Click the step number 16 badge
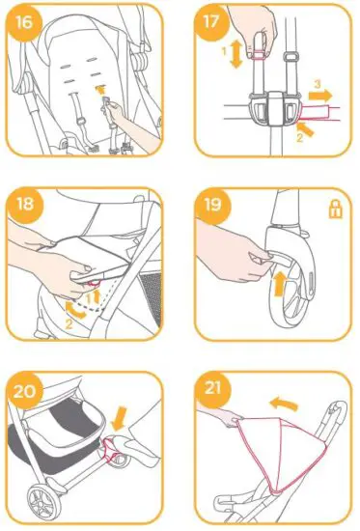24,23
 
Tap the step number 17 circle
211,21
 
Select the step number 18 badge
25,205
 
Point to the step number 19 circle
213,205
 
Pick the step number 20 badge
25,391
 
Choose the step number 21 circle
212,389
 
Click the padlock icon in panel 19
336,210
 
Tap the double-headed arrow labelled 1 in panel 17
236,54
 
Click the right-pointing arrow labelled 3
320,96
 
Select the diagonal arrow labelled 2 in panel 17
305,129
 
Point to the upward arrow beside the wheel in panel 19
279,285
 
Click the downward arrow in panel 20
120,419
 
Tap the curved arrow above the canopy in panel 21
284,403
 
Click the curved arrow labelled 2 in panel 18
75,311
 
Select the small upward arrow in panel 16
100,89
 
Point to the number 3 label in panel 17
317,84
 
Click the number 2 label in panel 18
69,324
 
